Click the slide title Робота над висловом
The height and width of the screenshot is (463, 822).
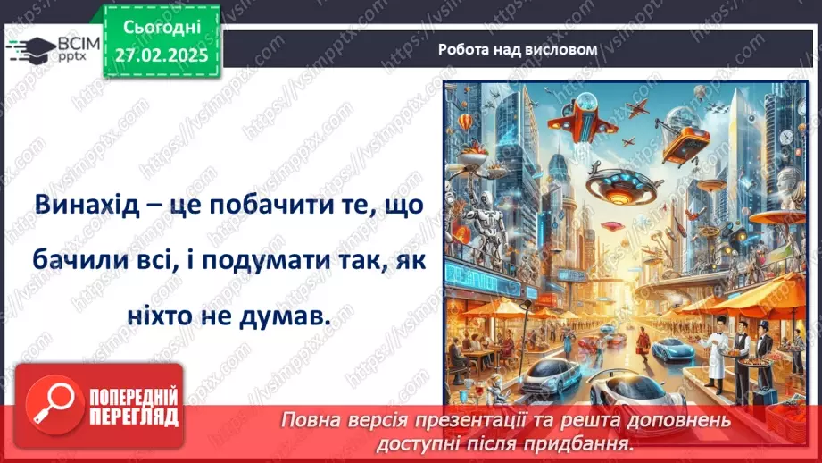[x=518, y=49]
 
